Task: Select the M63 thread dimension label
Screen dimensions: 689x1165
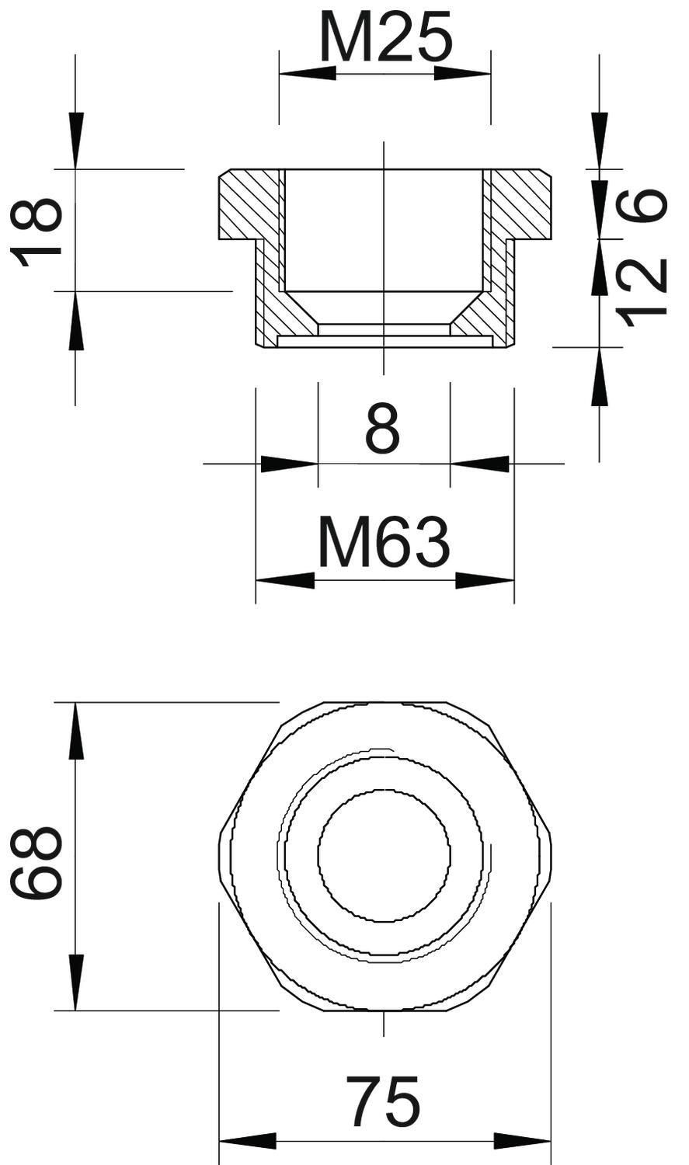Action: (x=384, y=543)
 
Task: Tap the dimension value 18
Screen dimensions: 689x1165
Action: (x=37, y=231)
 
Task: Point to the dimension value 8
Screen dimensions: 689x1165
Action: (x=383, y=429)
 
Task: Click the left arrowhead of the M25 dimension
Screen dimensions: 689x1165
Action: (x=308, y=73)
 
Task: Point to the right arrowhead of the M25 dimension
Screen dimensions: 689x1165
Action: (x=462, y=73)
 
